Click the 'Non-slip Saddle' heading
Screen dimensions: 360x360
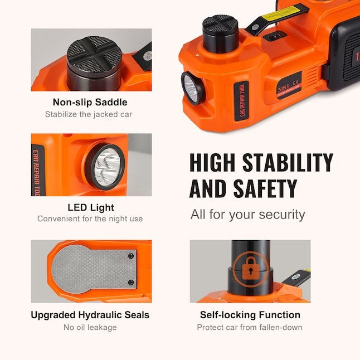90,102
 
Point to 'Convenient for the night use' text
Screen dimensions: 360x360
90,218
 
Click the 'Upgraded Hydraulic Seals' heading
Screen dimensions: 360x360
90,315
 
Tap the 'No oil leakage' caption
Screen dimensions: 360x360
90,327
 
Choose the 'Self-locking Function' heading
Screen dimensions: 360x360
250,315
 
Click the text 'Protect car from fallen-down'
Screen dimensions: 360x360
250,327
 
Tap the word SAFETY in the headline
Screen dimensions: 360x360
260,188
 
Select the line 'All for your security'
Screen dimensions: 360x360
247,214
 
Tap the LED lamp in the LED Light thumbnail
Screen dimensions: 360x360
104,167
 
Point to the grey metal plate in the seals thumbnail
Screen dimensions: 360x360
94,268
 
